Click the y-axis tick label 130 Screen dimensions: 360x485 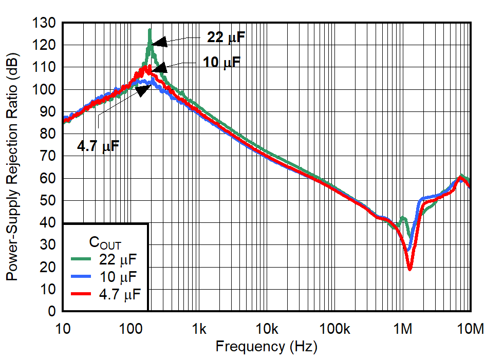click(46, 23)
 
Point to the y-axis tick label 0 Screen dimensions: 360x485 click(52, 311)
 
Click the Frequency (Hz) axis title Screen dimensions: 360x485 click(266, 347)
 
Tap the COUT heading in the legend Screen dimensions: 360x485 click(105, 242)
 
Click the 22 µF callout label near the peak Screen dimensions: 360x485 click(223, 37)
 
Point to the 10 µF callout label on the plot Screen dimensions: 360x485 click(218, 63)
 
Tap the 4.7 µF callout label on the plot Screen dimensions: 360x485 click(98, 146)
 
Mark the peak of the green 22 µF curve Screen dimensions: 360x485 click(150, 30)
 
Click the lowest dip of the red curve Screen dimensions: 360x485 click(409, 269)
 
